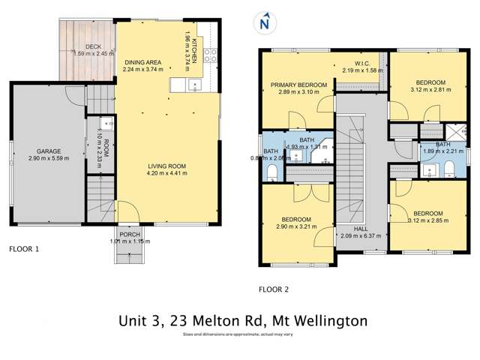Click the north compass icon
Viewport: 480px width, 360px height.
point(263,23)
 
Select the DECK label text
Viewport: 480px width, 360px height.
point(93,46)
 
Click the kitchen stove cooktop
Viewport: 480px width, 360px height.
point(211,54)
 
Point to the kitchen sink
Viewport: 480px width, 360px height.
point(194,85)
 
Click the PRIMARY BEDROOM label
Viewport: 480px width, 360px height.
point(298,85)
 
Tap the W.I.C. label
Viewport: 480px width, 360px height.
point(363,64)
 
